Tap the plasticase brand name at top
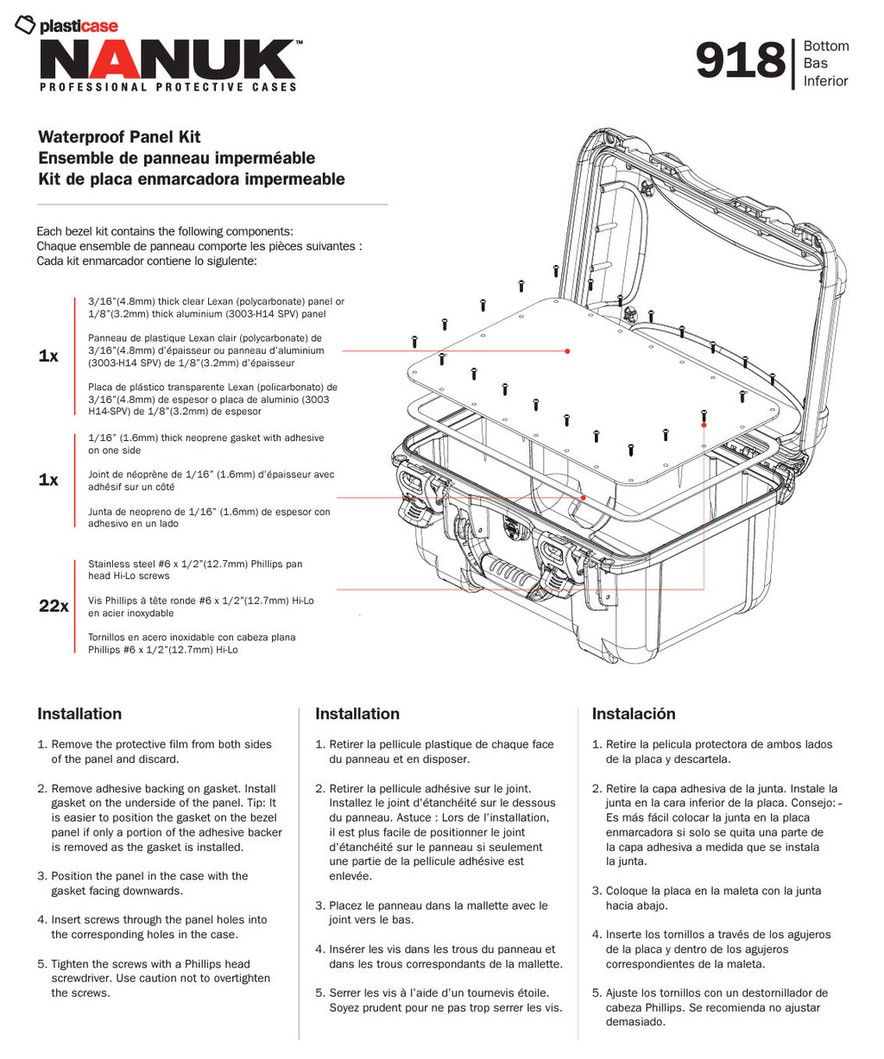pyautogui.click(x=78, y=26)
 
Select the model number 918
pyautogui.click(x=740, y=62)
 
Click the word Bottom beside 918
pyautogui.click(x=826, y=47)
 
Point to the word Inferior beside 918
pyautogui.click(x=826, y=81)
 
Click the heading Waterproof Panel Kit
pyautogui.click(x=119, y=137)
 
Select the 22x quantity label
pyautogui.click(x=54, y=607)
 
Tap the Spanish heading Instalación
pyautogui.click(x=633, y=714)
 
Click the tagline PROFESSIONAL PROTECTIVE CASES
pyautogui.click(x=168, y=87)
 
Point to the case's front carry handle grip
pyautogui.click(x=510, y=570)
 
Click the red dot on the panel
pyautogui.click(x=567, y=351)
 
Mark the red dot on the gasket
pyautogui.click(x=584, y=498)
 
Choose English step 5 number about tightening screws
pyautogui.click(x=41, y=964)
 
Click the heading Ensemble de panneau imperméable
pyautogui.click(x=176, y=158)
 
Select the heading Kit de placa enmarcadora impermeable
pyautogui.click(x=191, y=180)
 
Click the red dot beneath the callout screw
pyautogui.click(x=704, y=425)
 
